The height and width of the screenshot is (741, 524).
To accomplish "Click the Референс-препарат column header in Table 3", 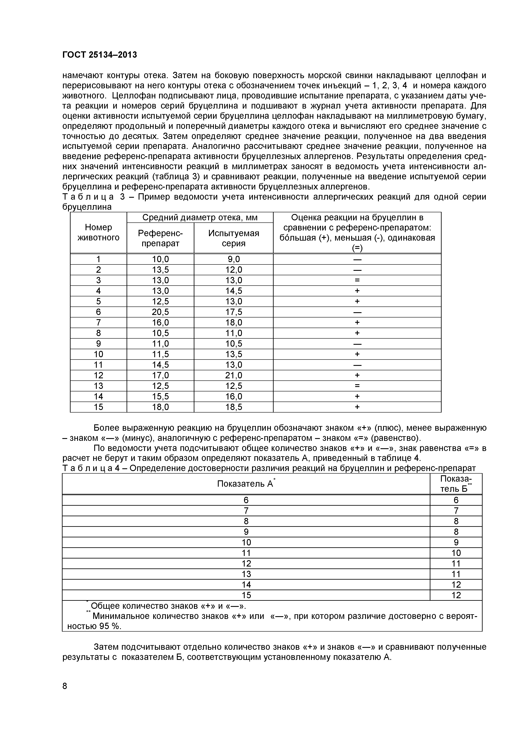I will [x=160, y=238].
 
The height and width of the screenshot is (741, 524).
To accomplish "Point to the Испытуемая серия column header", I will [x=233, y=238].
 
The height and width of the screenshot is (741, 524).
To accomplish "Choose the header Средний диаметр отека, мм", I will [x=200, y=218].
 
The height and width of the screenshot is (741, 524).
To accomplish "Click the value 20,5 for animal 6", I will [x=160, y=312].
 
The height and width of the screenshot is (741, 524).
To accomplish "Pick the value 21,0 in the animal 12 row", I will [x=233, y=375].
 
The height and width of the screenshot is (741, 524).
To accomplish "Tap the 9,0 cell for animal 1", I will [x=233, y=259].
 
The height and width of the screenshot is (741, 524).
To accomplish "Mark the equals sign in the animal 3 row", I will [x=357, y=280].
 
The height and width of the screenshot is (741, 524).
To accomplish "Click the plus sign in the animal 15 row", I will [x=357, y=407].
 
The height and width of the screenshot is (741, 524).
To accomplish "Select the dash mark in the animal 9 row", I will [x=357, y=344].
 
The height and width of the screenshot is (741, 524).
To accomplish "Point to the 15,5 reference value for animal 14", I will [x=160, y=396].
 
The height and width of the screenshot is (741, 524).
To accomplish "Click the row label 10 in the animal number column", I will [x=98, y=354].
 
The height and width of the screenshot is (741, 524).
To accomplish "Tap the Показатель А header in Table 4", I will [x=245, y=484].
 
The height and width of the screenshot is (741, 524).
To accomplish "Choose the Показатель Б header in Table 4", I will [x=456, y=484].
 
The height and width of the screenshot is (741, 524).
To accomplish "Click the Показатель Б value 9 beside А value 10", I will [x=456, y=542].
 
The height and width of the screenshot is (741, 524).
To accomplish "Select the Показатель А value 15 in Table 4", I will [x=246, y=595].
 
